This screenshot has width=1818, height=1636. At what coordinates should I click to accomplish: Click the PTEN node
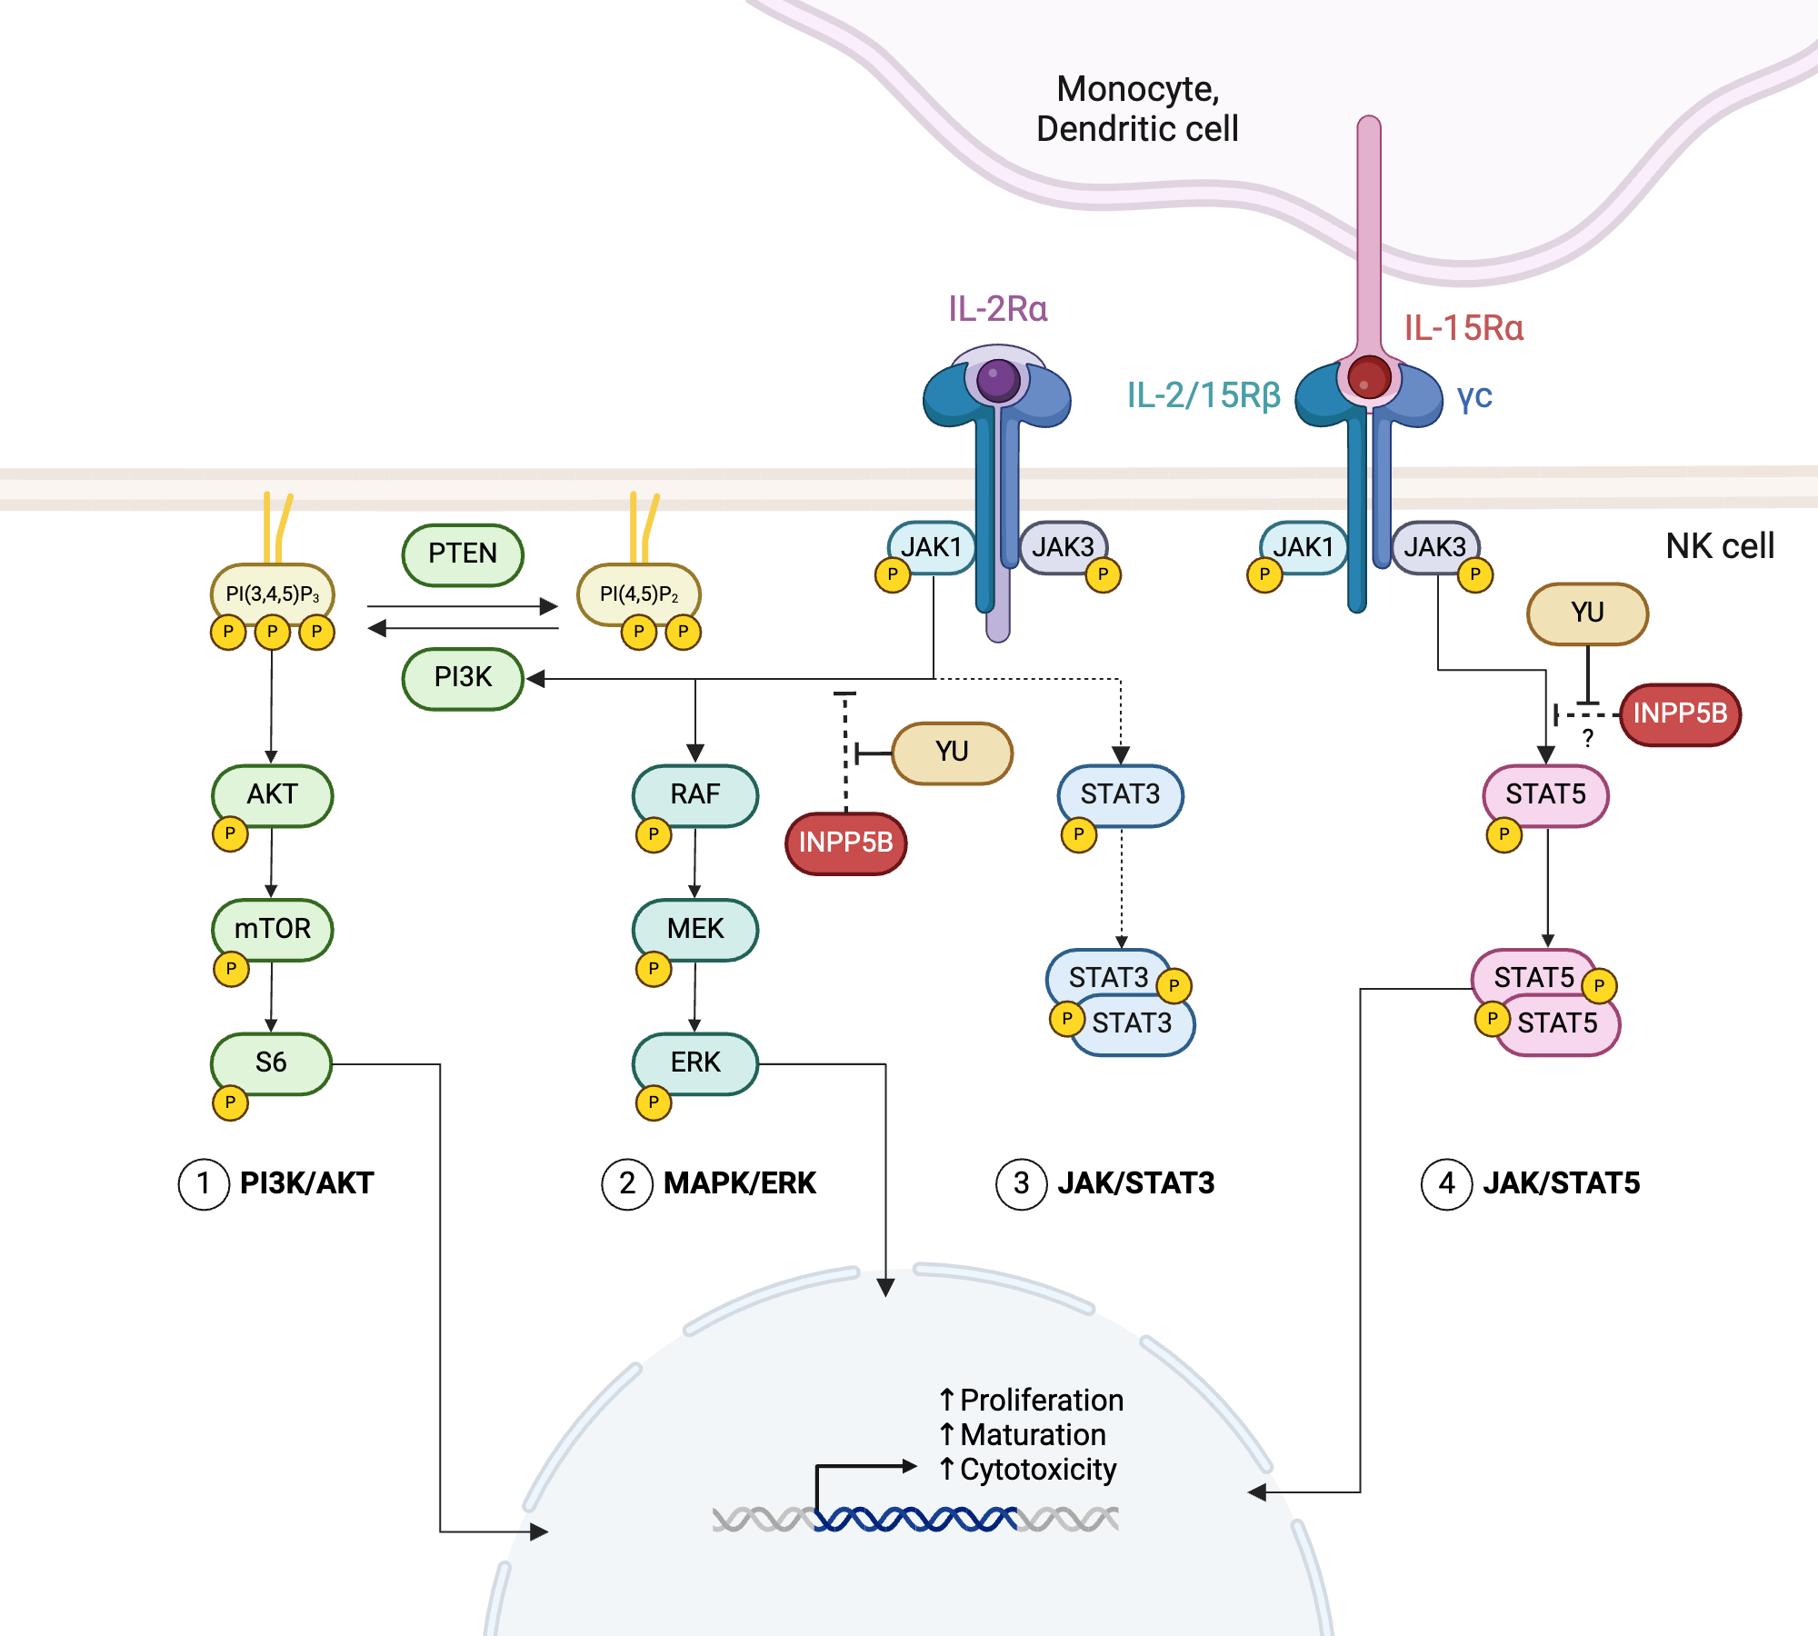(x=463, y=554)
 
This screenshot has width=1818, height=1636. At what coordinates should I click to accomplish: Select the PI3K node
(x=463, y=677)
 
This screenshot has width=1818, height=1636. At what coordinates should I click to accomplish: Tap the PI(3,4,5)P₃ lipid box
(x=272, y=594)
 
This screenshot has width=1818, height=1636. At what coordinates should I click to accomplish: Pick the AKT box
(x=272, y=794)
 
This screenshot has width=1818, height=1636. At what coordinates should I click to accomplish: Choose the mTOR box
(x=272, y=928)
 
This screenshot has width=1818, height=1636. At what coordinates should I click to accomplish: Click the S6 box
(x=271, y=1062)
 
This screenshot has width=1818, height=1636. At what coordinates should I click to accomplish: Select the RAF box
(x=695, y=794)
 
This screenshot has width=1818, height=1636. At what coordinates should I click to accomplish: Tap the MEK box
(x=695, y=928)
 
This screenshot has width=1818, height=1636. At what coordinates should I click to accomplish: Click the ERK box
(x=695, y=1062)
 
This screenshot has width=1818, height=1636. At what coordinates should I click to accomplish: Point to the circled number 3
(x=1021, y=1183)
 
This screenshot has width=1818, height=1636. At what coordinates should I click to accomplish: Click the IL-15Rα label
(x=1463, y=328)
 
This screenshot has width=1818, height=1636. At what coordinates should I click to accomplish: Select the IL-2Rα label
(x=997, y=309)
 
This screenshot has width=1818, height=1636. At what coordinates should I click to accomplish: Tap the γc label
(x=1474, y=396)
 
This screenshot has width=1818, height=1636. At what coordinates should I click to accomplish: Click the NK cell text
(x=1719, y=546)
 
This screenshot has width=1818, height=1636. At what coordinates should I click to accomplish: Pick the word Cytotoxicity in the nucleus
(x=1038, y=1470)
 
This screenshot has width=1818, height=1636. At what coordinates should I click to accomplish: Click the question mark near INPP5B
(x=1587, y=738)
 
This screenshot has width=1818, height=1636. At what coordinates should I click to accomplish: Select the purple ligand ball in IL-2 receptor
(x=997, y=379)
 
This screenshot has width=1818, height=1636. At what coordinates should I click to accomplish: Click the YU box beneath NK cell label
(x=1587, y=613)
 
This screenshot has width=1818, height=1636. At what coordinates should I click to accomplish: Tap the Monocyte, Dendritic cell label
(x=1137, y=109)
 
